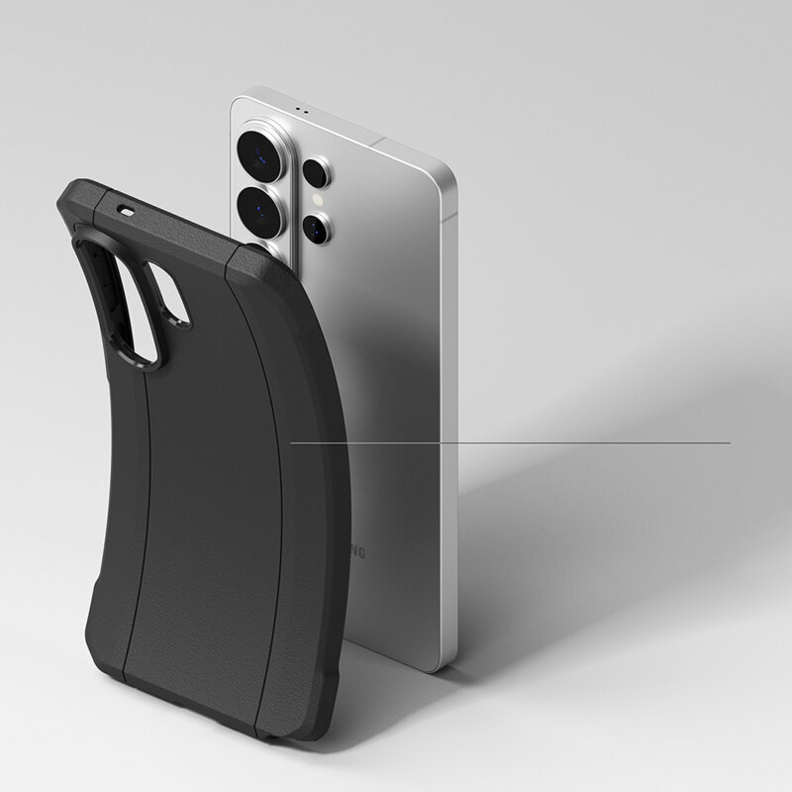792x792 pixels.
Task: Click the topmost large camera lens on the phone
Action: pos(258,151)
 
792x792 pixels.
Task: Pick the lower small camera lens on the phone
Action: pos(316,229)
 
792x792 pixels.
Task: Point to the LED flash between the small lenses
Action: pos(317,200)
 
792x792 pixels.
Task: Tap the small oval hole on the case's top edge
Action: pos(126,210)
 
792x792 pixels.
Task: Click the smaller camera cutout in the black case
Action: pos(169,293)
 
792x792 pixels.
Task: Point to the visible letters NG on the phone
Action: pos(355,552)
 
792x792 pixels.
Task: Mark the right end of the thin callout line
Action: pos(730,443)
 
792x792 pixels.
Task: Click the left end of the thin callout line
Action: pos(291,443)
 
